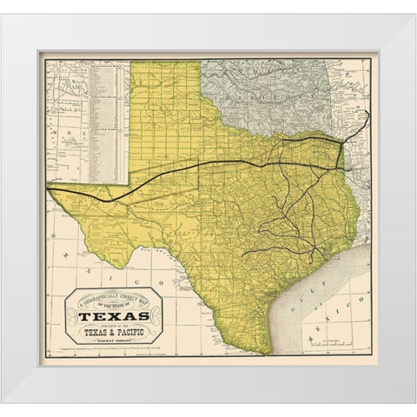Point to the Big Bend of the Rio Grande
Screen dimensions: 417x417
pos(138,261)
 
